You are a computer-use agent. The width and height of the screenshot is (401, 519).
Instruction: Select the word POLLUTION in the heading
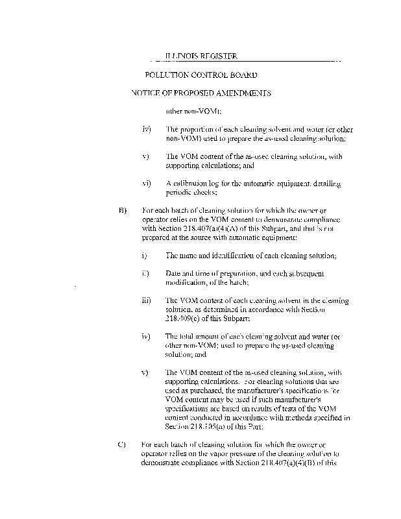tap(174, 75)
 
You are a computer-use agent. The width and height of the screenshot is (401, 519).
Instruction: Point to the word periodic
tap(180, 192)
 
